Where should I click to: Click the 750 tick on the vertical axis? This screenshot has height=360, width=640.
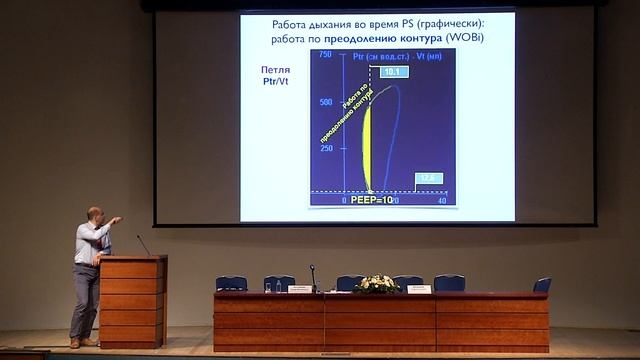coord(325,54)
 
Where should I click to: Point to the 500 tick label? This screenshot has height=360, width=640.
coord(325,102)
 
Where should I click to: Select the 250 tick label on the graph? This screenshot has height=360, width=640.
coord(326,148)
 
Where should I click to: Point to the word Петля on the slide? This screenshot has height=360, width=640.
coord(276,69)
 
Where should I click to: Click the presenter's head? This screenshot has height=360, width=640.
coord(94,215)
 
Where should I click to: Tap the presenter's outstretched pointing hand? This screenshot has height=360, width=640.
coord(117,219)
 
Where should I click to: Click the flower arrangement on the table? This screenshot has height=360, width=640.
coord(377,284)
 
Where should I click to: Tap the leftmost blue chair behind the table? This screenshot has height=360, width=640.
coord(231,283)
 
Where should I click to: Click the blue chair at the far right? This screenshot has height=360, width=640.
coord(542,284)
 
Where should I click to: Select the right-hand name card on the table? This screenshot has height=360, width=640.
coord(419,289)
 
